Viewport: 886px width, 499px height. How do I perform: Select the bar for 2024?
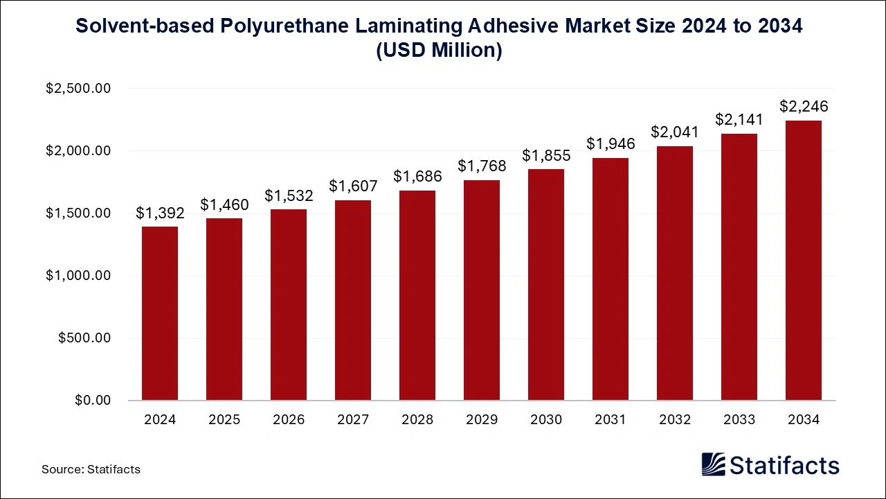click(x=160, y=313)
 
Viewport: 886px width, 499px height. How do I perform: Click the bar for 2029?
click(x=482, y=290)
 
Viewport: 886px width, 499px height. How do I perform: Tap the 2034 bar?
click(x=804, y=261)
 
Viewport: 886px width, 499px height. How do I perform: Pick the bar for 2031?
click(x=611, y=279)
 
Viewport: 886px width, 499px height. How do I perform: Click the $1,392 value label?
click(x=160, y=213)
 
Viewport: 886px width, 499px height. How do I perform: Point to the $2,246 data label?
click(x=804, y=107)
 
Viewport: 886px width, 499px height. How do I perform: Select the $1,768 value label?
click(x=482, y=166)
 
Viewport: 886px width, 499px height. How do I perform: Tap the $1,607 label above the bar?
click(x=353, y=186)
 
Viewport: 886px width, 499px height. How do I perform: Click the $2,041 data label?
click(x=675, y=132)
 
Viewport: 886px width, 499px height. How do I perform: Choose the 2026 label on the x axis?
click(x=289, y=420)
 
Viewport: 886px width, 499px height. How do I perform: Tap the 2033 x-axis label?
click(x=739, y=420)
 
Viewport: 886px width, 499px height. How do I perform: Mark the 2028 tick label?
click(x=417, y=420)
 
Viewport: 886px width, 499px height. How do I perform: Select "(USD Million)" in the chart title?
click(x=439, y=51)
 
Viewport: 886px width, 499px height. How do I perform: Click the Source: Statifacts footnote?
click(x=91, y=469)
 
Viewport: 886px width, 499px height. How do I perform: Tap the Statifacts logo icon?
click(x=713, y=464)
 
